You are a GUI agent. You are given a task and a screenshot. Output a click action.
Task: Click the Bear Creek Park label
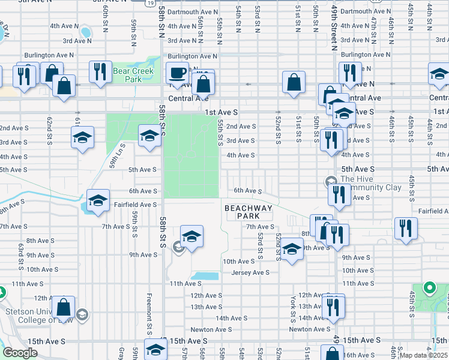(133, 75)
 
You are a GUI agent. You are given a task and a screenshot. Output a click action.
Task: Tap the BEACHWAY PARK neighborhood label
(249, 212)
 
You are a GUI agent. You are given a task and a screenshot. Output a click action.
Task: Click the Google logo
(20, 353)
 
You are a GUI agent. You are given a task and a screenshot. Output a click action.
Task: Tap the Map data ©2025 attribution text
(423, 355)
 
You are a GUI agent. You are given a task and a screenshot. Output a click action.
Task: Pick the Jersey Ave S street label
(251, 272)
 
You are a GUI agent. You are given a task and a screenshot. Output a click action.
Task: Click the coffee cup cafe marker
(177, 73)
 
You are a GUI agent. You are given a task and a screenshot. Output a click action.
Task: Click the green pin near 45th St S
(429, 289)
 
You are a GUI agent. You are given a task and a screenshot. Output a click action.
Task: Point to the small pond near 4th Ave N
(85, 32)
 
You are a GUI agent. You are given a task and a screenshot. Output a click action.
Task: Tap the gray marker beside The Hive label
(331, 181)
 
